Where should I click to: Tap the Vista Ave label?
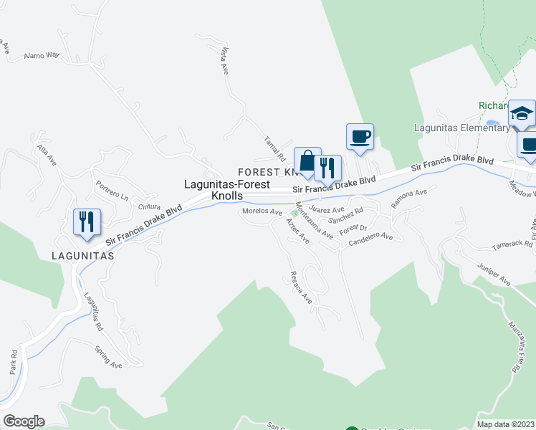tap(224, 61)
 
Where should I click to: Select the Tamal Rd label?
tap(275, 148)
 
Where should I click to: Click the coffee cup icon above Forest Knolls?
tap(360, 136)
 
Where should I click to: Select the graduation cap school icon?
tap(522, 114)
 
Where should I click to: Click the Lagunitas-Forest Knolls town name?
tap(226, 189)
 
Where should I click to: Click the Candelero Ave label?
tap(370, 236)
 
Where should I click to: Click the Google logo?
tap(24, 421)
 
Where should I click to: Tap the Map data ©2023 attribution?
tap(504, 424)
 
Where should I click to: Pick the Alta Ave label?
tap(47, 152)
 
